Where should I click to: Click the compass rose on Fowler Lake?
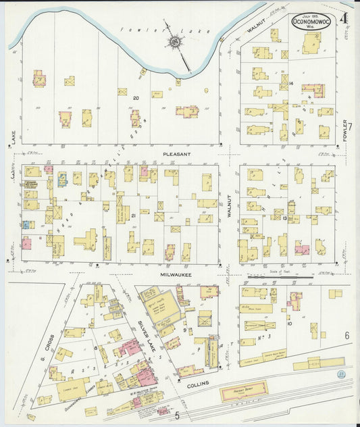(175, 43)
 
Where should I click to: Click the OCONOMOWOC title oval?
(311, 22)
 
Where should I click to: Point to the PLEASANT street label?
(176, 154)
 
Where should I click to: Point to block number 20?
(136, 99)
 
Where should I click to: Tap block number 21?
(134, 216)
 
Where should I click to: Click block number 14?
(290, 83)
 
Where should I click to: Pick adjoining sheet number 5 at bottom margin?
(177, 414)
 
